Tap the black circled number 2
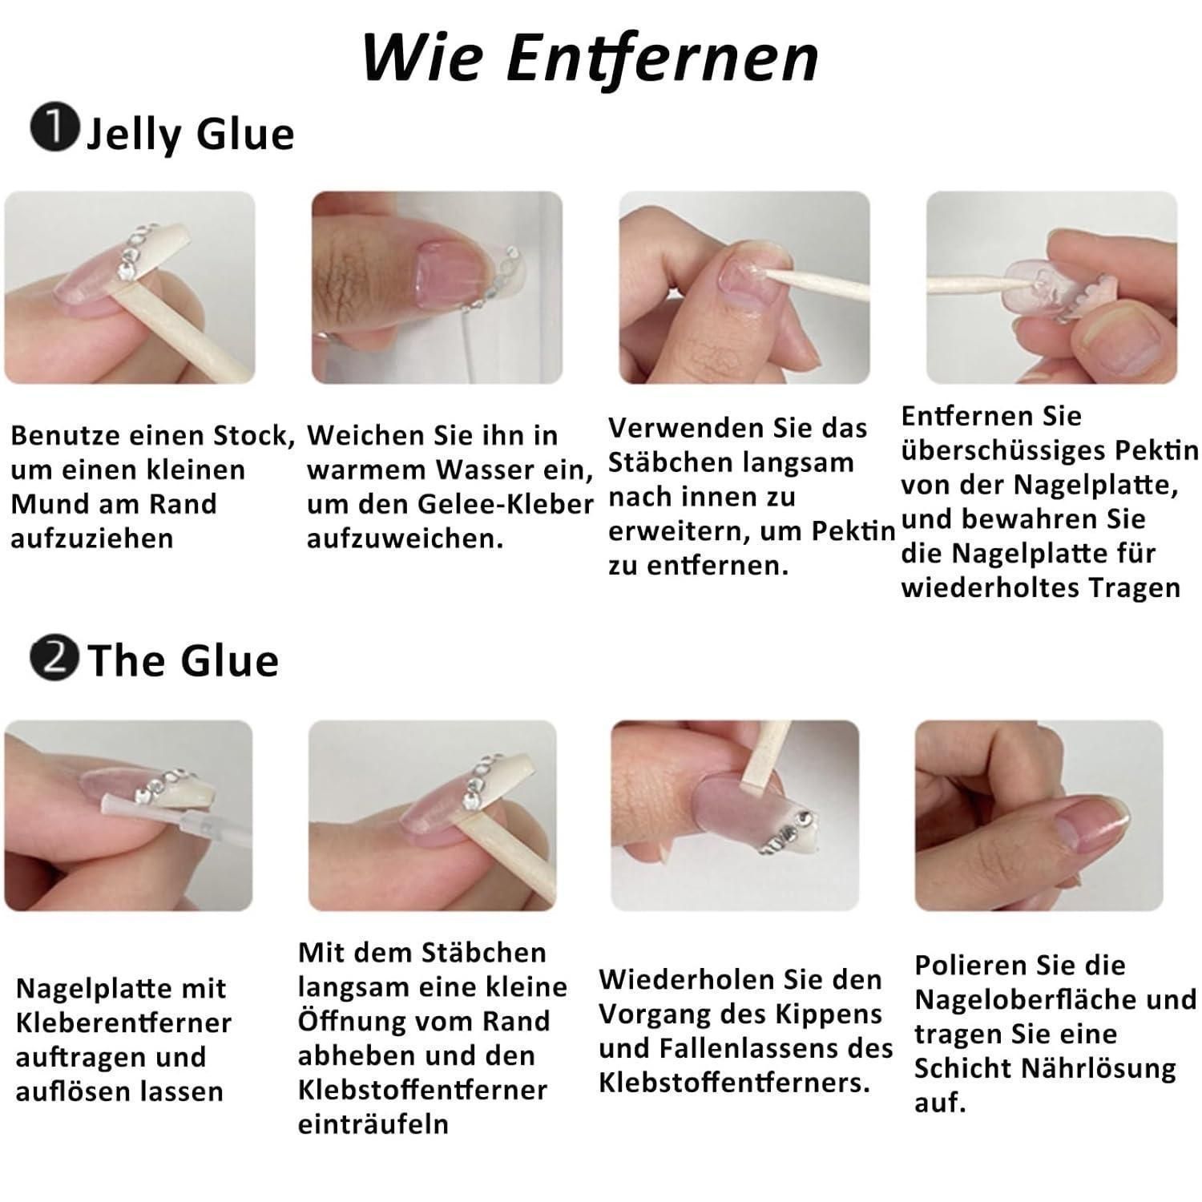54,658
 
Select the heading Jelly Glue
190,134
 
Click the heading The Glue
184,660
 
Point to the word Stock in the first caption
253,436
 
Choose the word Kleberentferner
123,1023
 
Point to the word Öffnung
345,1022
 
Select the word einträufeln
373,1124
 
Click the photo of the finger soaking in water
437,288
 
